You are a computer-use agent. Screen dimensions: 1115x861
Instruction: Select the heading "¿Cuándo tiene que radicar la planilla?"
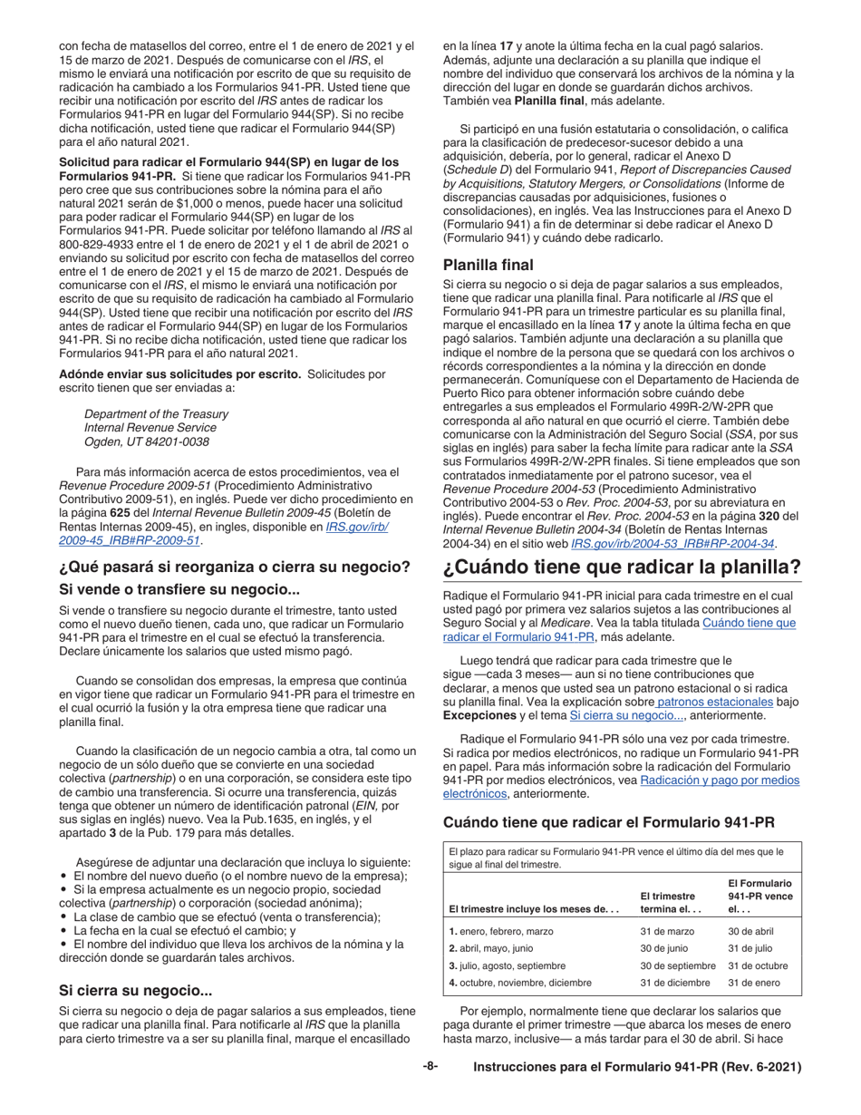pos(623,569)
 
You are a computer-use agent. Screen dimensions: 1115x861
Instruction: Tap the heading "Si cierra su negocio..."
pos(136,991)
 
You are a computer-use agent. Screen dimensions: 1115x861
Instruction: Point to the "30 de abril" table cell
pos(750,931)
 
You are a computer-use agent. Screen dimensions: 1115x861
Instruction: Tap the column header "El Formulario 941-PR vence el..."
pos(759,896)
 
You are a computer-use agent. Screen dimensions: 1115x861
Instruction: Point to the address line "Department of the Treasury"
pos(156,413)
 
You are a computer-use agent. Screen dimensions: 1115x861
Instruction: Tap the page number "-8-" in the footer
pos(430,1067)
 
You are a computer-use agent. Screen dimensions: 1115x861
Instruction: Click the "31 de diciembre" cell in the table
pos(673,983)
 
